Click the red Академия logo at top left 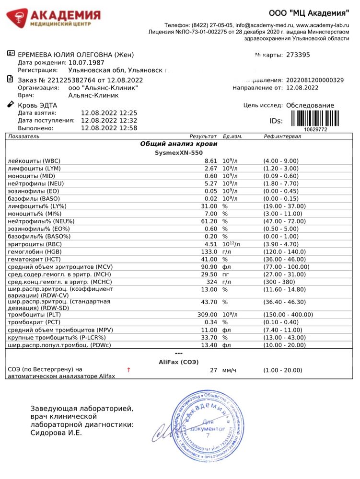point(53,18)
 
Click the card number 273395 point(298,55)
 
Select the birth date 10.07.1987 point(86,62)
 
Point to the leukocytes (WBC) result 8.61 point(211,161)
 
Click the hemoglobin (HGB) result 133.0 point(209,251)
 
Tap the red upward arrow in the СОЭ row point(128,370)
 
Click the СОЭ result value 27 point(214,370)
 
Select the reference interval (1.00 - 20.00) point(283,370)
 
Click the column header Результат point(203,137)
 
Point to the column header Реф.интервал point(282,137)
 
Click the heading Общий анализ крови point(178,144)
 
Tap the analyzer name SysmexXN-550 point(178,152)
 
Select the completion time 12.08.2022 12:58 point(109,128)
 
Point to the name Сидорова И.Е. point(56,433)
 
